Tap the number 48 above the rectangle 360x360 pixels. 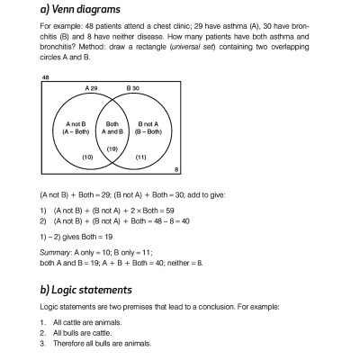coord(45,78)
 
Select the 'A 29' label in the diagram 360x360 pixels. coord(92,88)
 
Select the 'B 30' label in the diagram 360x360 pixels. coord(131,88)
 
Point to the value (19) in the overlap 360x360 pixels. coord(112,148)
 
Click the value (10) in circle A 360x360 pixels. coord(87,157)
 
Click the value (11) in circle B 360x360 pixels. coord(139,157)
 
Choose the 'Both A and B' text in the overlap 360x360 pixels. coord(112,129)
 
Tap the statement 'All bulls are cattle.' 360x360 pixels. coord(85,333)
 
